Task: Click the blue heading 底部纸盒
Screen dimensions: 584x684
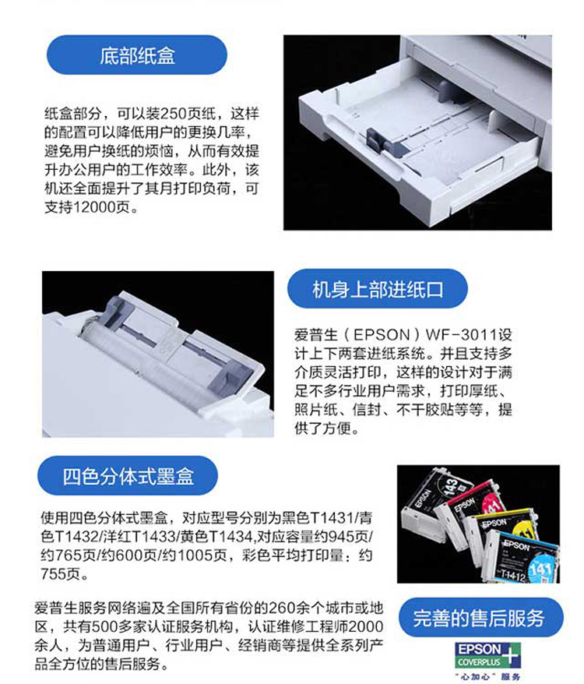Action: point(137,55)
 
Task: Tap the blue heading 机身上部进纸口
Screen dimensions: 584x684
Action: point(378,289)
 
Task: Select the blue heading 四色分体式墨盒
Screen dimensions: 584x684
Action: point(128,475)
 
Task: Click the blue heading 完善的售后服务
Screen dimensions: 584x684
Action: point(479,617)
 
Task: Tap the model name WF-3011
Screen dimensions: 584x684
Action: point(462,334)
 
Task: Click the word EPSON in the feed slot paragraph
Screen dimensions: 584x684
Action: point(382,334)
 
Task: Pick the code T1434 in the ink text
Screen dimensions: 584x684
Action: point(230,536)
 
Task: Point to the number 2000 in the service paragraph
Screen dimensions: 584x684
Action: point(366,626)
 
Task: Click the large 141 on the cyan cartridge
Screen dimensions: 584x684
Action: point(541,569)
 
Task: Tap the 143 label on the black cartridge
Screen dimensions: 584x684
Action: point(452,485)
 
